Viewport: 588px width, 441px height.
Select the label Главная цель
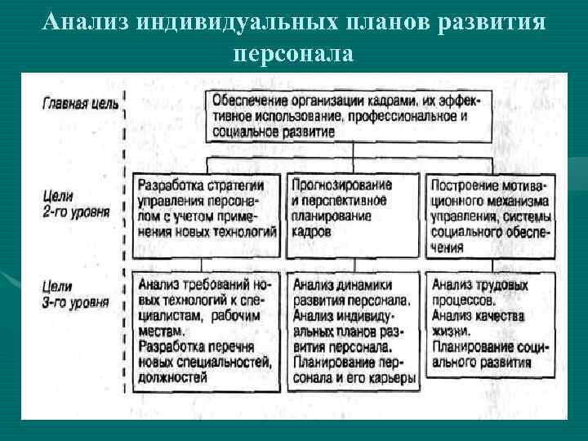coord(80,104)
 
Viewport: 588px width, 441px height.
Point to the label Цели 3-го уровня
coord(73,294)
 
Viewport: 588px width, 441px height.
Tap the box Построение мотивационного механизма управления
coord(492,214)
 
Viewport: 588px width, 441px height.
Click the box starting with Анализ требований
coord(207,330)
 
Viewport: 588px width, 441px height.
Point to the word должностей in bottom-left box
coord(172,377)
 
